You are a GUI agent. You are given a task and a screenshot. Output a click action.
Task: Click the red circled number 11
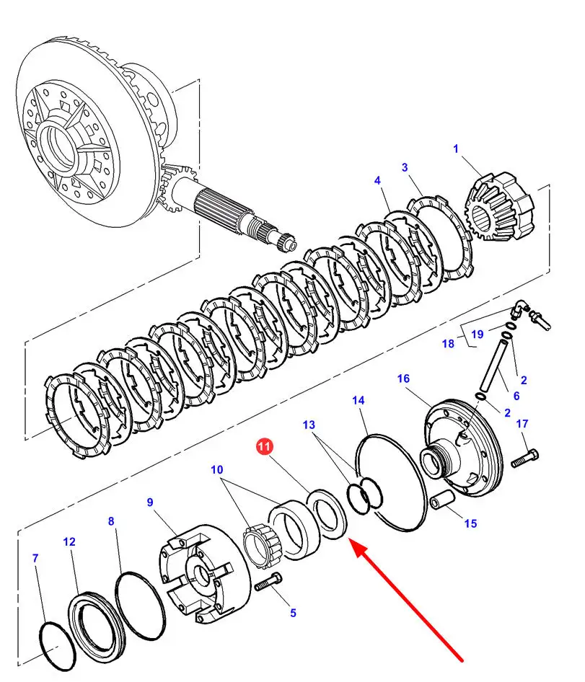point(264,446)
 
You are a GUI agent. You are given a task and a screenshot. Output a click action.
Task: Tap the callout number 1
point(456,149)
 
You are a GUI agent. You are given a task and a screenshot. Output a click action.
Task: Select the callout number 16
point(403,378)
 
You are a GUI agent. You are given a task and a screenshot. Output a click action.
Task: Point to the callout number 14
point(359,400)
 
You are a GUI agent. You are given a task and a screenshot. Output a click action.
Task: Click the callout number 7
point(35,557)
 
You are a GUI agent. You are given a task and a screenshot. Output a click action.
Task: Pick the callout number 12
point(69,541)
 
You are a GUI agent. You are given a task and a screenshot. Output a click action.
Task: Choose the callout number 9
point(150,502)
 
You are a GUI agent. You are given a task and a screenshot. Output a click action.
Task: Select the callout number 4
point(377,180)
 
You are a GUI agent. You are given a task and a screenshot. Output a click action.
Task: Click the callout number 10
point(217,470)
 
